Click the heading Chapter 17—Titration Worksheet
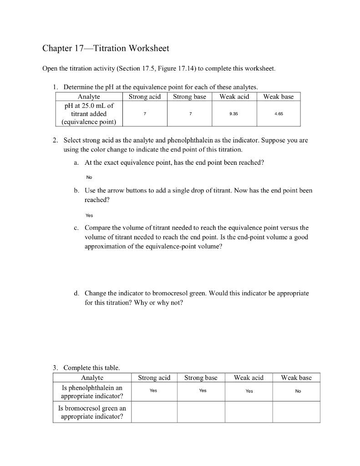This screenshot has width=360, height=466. point(105,48)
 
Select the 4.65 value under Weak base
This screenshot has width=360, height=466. point(279,114)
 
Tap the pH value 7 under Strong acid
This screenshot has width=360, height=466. point(144,114)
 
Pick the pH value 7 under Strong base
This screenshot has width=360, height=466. point(189,114)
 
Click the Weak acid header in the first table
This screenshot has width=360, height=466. point(234,96)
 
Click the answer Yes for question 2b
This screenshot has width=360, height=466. point(89,215)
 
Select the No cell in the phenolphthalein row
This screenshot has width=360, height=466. point(298,391)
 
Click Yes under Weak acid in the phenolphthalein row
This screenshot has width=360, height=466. point(249,391)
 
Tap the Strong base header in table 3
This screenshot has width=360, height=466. point(201,378)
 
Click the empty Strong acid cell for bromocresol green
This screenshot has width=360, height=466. point(154,412)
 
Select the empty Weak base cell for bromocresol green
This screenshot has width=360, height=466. point(296,412)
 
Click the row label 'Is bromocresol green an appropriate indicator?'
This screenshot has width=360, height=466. point(92,412)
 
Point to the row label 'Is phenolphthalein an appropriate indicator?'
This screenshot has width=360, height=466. point(92,391)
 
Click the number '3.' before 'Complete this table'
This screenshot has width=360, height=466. point(56,367)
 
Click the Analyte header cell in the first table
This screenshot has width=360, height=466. point(89,96)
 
